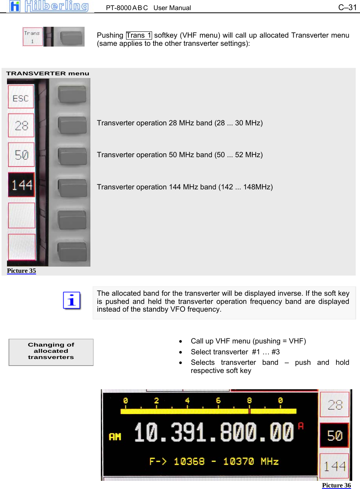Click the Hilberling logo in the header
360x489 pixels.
point(49,6)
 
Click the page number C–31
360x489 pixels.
point(347,7)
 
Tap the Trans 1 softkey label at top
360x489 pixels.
point(32,36)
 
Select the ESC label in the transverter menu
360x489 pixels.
point(21,98)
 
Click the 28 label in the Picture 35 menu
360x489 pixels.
point(21,126)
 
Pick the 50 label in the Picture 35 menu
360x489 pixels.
point(21,155)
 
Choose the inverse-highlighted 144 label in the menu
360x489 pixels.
point(21,185)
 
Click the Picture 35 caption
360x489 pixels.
point(21,271)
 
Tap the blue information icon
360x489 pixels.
point(72,301)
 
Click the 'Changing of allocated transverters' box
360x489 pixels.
point(51,352)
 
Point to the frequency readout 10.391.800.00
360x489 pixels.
point(214,434)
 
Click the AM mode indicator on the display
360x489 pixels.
point(115,437)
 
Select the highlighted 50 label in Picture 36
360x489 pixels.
point(334,435)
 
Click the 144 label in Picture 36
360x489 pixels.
point(334,465)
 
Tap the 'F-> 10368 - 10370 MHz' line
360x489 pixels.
point(214,461)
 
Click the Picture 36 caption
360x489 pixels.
point(336,486)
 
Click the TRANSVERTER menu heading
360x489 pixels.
point(48,73)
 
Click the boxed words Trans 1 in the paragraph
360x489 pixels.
point(139,35)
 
